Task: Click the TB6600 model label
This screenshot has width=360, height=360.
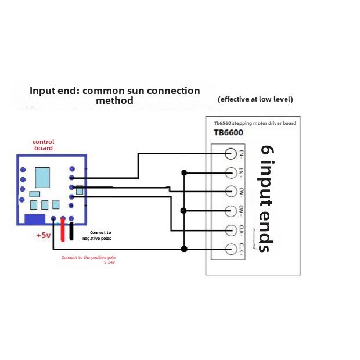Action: coord(228,133)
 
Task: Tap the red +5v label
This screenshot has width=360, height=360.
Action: coord(44,236)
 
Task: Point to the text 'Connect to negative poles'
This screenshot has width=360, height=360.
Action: coord(96,235)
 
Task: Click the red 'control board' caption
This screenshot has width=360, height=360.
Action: coord(44,145)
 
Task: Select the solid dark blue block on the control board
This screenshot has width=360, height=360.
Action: coord(35,219)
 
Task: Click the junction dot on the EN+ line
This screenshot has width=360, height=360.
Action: coord(184,172)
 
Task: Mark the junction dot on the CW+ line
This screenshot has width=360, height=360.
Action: coord(184,210)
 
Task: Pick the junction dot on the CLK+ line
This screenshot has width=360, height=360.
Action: coord(184,249)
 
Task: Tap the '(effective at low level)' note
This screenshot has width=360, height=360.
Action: coord(255,99)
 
